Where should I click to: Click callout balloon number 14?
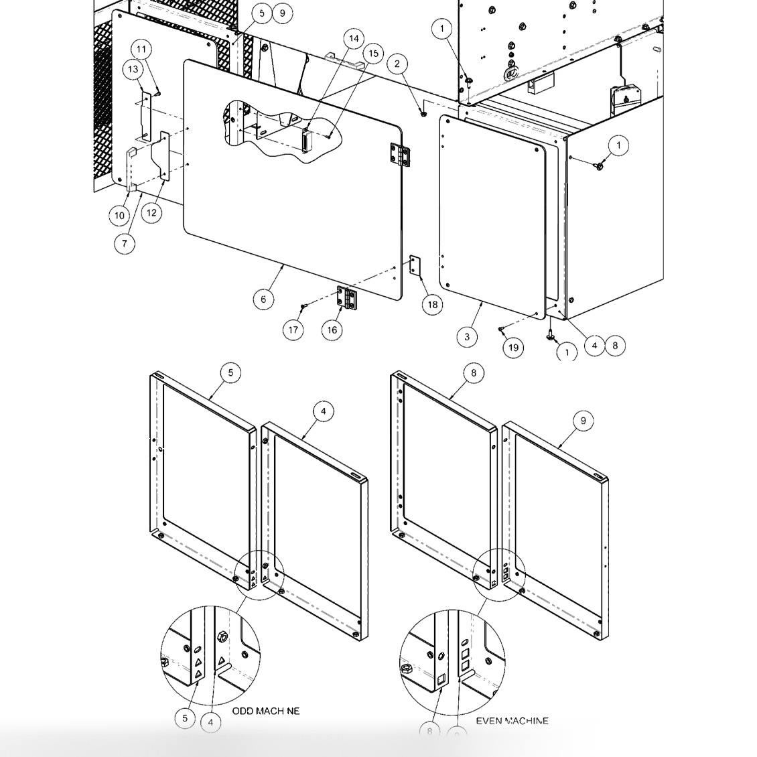pyautogui.click(x=354, y=38)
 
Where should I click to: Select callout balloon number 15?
pyautogui.click(x=373, y=54)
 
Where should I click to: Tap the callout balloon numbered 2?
pyautogui.click(x=397, y=64)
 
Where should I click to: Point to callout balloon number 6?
pyautogui.click(x=263, y=299)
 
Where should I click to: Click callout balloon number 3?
pyautogui.click(x=467, y=337)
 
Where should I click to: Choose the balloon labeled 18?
pyautogui.click(x=433, y=305)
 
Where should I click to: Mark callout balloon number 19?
pyautogui.click(x=513, y=347)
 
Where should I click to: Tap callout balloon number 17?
pyautogui.click(x=293, y=330)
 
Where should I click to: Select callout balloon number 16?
pyautogui.click(x=332, y=330)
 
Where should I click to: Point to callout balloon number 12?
pyautogui.click(x=151, y=212)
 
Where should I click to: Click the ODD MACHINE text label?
pyautogui.click(x=266, y=711)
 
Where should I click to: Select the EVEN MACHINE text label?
pyautogui.click(x=512, y=721)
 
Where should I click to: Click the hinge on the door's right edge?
pyautogui.click(x=400, y=155)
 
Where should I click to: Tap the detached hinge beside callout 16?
pyautogui.click(x=347, y=298)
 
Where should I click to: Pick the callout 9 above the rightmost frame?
pyautogui.click(x=583, y=420)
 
